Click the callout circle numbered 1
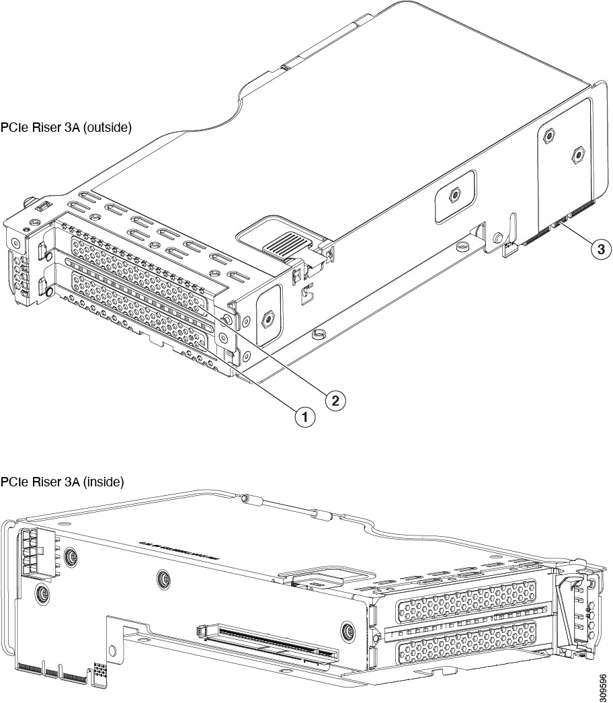[x=305, y=417]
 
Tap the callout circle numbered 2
[x=336, y=400]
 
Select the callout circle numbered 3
[x=600, y=248]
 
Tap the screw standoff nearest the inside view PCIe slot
[x=348, y=630]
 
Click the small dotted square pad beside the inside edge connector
[x=100, y=670]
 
